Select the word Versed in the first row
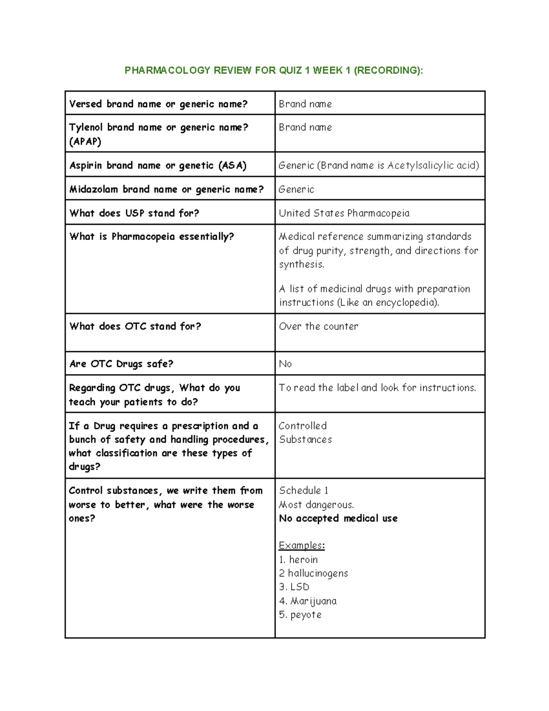(x=86, y=104)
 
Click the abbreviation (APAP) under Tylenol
(x=85, y=141)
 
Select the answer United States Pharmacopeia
(x=344, y=213)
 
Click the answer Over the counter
(x=318, y=326)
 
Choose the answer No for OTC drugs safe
(x=285, y=364)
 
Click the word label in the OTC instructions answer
(x=347, y=388)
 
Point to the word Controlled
(x=302, y=426)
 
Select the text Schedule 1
(x=303, y=490)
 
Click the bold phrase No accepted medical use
(x=338, y=518)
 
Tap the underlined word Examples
(x=301, y=545)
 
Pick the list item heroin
(x=303, y=559)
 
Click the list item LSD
(x=300, y=587)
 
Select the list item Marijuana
(x=313, y=601)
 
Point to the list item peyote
(x=306, y=615)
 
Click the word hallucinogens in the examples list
(x=318, y=573)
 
